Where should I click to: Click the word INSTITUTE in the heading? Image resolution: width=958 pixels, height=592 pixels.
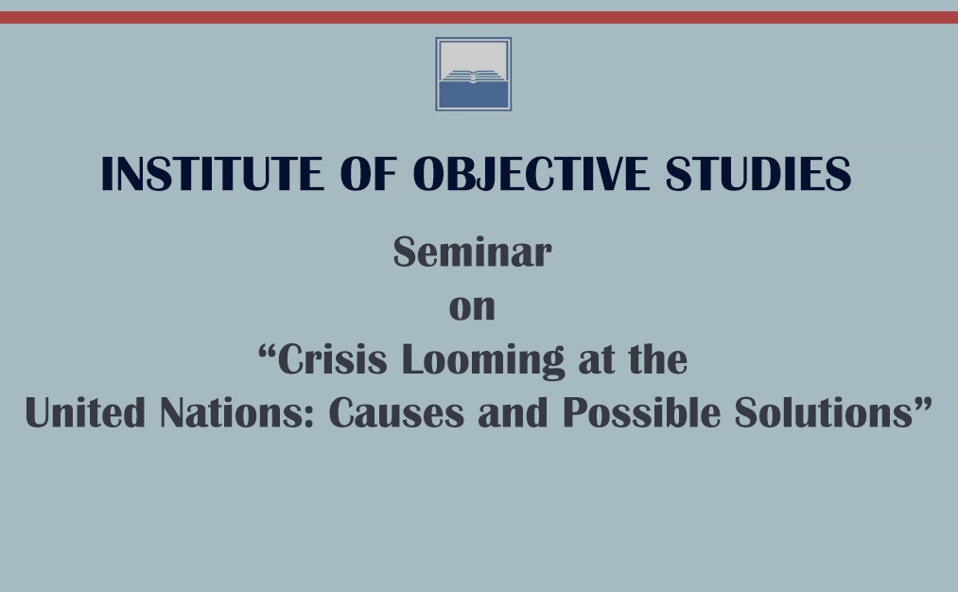click(213, 173)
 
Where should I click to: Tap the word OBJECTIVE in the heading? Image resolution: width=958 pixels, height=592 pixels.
click(531, 173)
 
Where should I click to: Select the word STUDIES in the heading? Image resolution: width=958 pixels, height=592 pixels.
click(758, 173)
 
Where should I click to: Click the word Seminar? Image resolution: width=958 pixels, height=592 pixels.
click(472, 252)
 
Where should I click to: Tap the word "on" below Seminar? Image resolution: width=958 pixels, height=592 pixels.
click(472, 308)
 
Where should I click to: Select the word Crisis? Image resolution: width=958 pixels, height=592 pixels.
click(332, 358)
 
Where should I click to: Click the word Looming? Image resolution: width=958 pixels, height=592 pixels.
click(483, 360)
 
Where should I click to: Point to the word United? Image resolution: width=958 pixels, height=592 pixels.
click(85, 412)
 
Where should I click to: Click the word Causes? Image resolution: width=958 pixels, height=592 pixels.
click(396, 412)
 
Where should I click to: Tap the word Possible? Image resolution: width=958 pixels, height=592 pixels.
click(641, 412)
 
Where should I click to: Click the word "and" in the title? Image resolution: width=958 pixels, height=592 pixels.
click(514, 412)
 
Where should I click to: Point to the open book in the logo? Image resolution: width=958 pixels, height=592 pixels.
click(474, 76)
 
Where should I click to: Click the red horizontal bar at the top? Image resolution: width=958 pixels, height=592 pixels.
click(479, 17)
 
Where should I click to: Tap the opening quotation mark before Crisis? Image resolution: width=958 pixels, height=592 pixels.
click(267, 351)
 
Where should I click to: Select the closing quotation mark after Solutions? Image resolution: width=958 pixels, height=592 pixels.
click(923, 403)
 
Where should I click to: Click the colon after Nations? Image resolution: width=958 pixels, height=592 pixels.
click(308, 417)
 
